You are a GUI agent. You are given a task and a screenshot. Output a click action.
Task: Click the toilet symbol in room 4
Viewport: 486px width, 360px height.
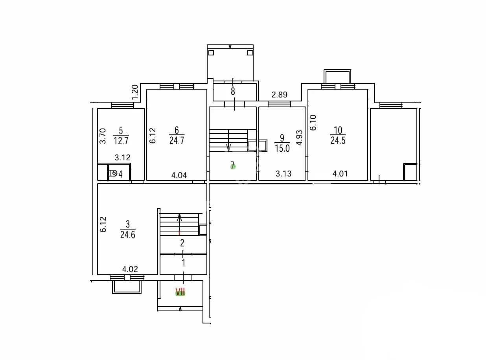pos(113,174)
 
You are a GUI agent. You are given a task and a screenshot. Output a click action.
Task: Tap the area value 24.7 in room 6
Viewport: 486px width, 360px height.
pos(177,140)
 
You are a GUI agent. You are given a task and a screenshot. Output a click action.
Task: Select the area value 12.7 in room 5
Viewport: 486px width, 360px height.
pos(121,140)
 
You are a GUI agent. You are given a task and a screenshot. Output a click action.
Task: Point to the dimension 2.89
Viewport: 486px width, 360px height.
pos(280,95)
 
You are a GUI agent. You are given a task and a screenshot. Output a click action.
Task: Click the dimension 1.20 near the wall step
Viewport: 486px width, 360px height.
pos(135,92)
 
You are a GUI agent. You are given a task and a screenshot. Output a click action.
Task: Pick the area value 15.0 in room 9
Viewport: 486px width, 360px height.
pos(282,148)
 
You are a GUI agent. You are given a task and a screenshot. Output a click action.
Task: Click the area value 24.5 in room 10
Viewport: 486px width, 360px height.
pos(338,140)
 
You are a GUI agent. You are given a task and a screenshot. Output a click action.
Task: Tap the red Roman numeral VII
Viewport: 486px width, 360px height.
pos(180,292)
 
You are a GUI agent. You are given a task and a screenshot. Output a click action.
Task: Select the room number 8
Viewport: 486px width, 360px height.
pos(233,91)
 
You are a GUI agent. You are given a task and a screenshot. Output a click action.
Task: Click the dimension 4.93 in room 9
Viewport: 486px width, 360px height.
pos(299,138)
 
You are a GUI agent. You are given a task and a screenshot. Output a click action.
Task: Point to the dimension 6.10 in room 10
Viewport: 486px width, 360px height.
pos(313,123)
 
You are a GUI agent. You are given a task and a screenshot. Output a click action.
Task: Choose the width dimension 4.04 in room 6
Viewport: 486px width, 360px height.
pos(179,175)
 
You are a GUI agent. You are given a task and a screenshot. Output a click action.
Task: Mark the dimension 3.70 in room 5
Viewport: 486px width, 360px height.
pos(103,136)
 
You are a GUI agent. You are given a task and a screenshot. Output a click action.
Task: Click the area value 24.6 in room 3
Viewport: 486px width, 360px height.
pos(128,235)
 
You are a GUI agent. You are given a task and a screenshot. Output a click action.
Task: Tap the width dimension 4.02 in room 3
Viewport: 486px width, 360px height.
pos(130,269)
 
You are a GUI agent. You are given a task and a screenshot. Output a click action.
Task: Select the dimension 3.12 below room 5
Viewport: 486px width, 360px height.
pos(123,157)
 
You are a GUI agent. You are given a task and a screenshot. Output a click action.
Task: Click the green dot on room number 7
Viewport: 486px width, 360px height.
pos(233,167)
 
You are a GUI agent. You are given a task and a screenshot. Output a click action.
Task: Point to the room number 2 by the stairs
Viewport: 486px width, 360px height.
pos(182,243)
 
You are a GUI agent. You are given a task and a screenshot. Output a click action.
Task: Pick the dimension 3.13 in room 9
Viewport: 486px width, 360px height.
pos(283,174)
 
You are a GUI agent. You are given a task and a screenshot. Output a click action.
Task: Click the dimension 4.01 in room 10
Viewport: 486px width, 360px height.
pos(340,174)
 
